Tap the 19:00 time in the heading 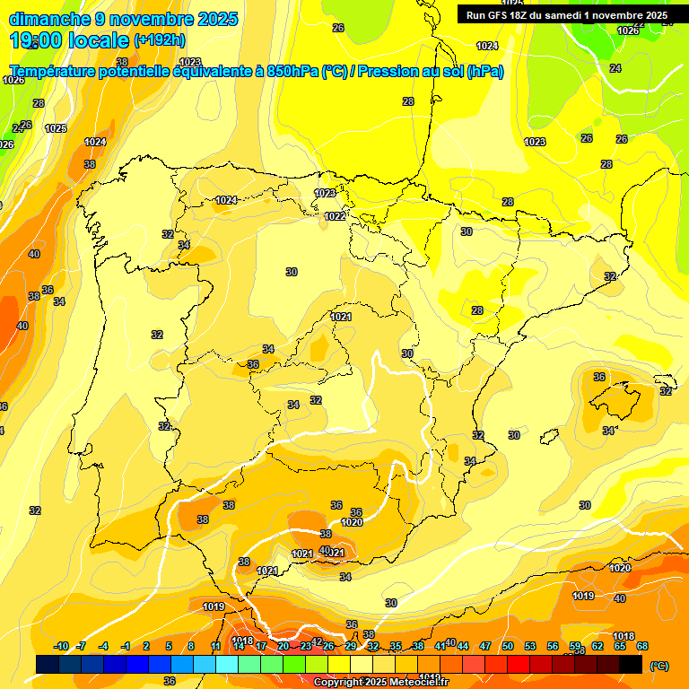coord(35,40)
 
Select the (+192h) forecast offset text coord(161,40)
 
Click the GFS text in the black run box coord(499,15)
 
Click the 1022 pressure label coord(335,216)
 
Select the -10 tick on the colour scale coord(61,646)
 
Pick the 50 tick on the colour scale coord(508,646)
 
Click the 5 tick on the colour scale coord(169,646)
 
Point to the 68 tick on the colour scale coord(642,646)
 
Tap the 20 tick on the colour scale coord(283,646)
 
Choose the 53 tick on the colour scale coord(530,646)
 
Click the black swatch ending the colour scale coord(632,664)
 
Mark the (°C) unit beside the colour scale coord(658,665)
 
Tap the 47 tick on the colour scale coord(485,646)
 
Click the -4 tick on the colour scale coord(103,646)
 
